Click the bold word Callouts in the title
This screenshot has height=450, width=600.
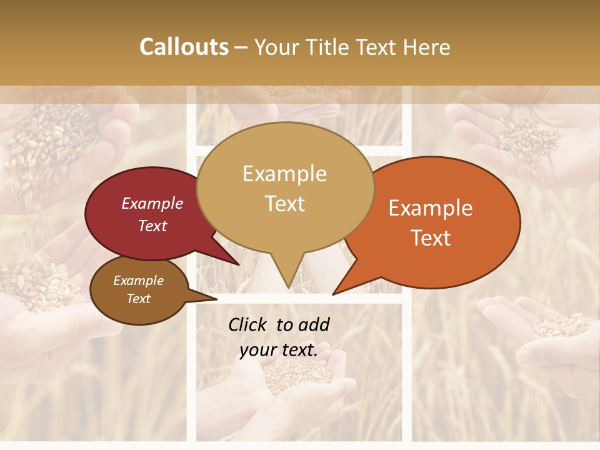(x=184, y=47)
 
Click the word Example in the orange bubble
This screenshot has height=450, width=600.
(x=431, y=208)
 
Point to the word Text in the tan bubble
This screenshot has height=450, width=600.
(x=285, y=204)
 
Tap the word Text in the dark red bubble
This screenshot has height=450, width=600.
(x=152, y=226)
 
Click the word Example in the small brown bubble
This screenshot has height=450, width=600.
(x=138, y=281)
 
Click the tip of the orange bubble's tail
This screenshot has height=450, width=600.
(x=333, y=294)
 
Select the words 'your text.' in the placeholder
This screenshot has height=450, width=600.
(x=279, y=350)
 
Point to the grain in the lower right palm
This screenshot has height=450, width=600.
(x=559, y=325)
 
